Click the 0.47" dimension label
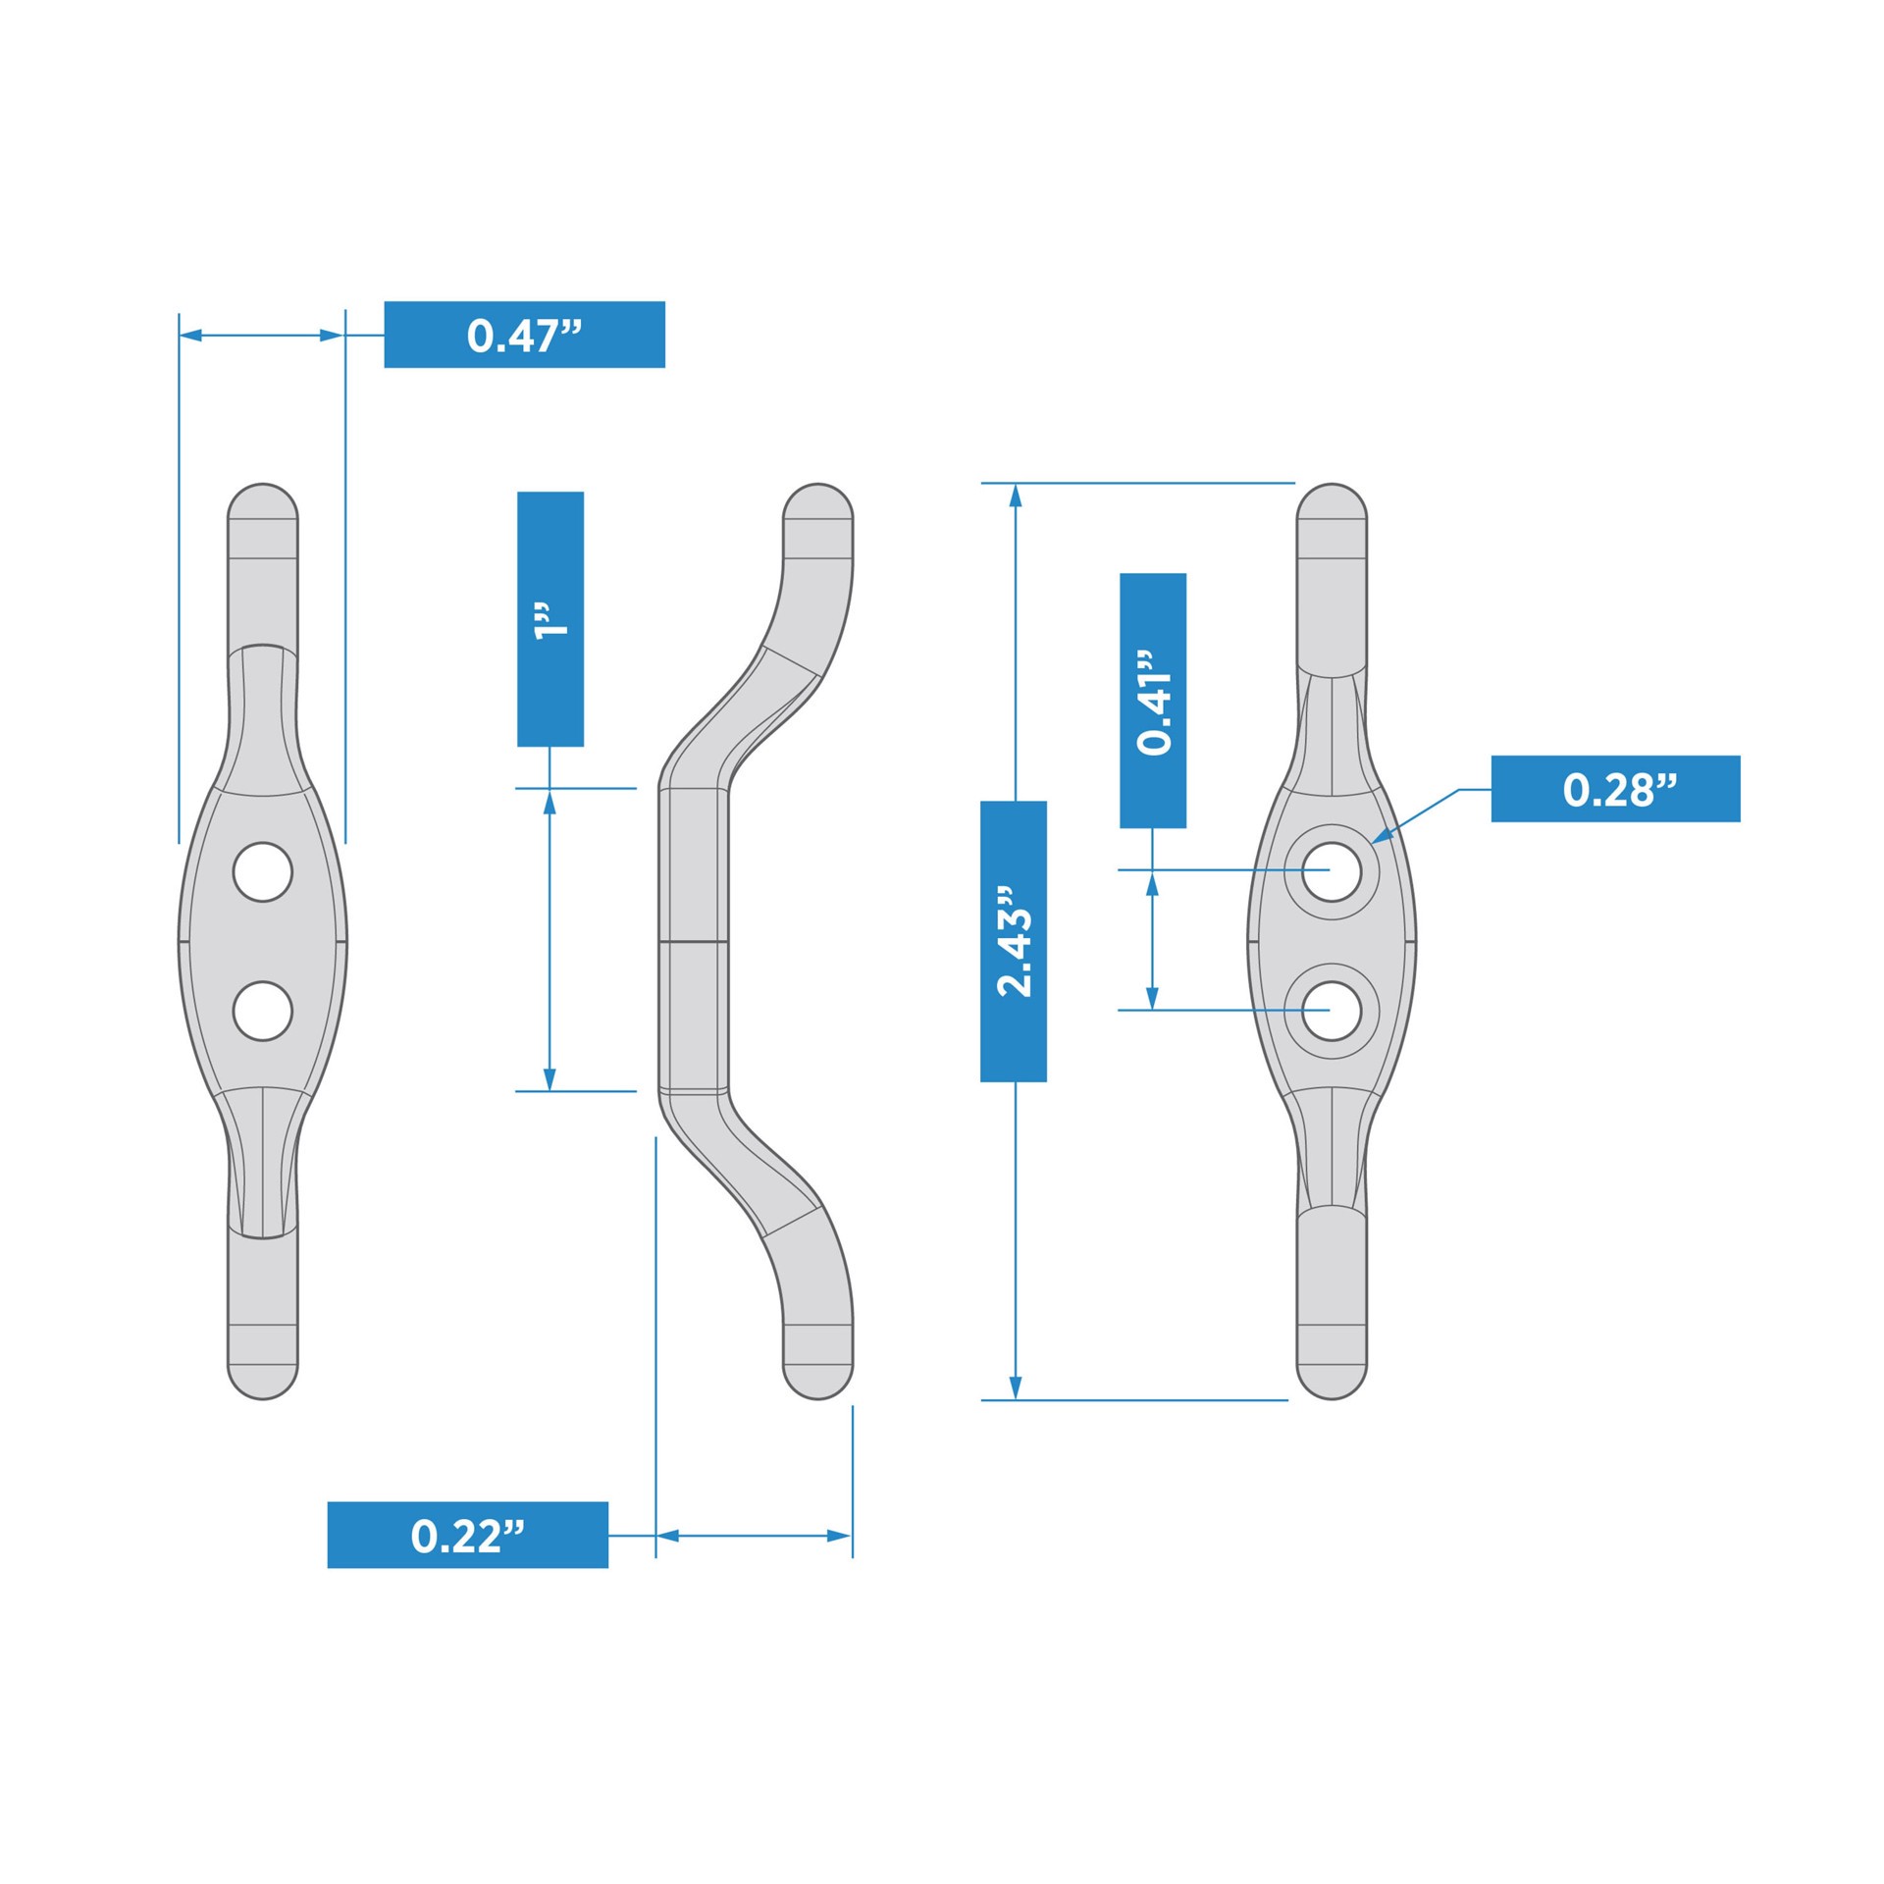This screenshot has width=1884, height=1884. (524, 335)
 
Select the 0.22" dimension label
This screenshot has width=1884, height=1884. (467, 1535)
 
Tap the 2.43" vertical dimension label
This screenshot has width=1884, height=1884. (1013, 941)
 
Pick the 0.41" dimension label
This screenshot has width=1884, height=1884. (1152, 701)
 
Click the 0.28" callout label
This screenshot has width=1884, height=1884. (1614, 789)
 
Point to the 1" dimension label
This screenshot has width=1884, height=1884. (549, 619)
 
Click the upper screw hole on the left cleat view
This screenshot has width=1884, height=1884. (263, 871)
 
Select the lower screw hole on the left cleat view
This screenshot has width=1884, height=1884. (263, 1011)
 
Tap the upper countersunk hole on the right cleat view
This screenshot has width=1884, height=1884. (1332, 871)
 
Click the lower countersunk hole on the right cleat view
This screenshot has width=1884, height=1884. (1332, 1011)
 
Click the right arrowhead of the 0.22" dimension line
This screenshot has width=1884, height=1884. (840, 1536)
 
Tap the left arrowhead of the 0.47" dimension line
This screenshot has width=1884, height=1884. (190, 336)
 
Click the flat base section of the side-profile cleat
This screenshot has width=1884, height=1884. (693, 940)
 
